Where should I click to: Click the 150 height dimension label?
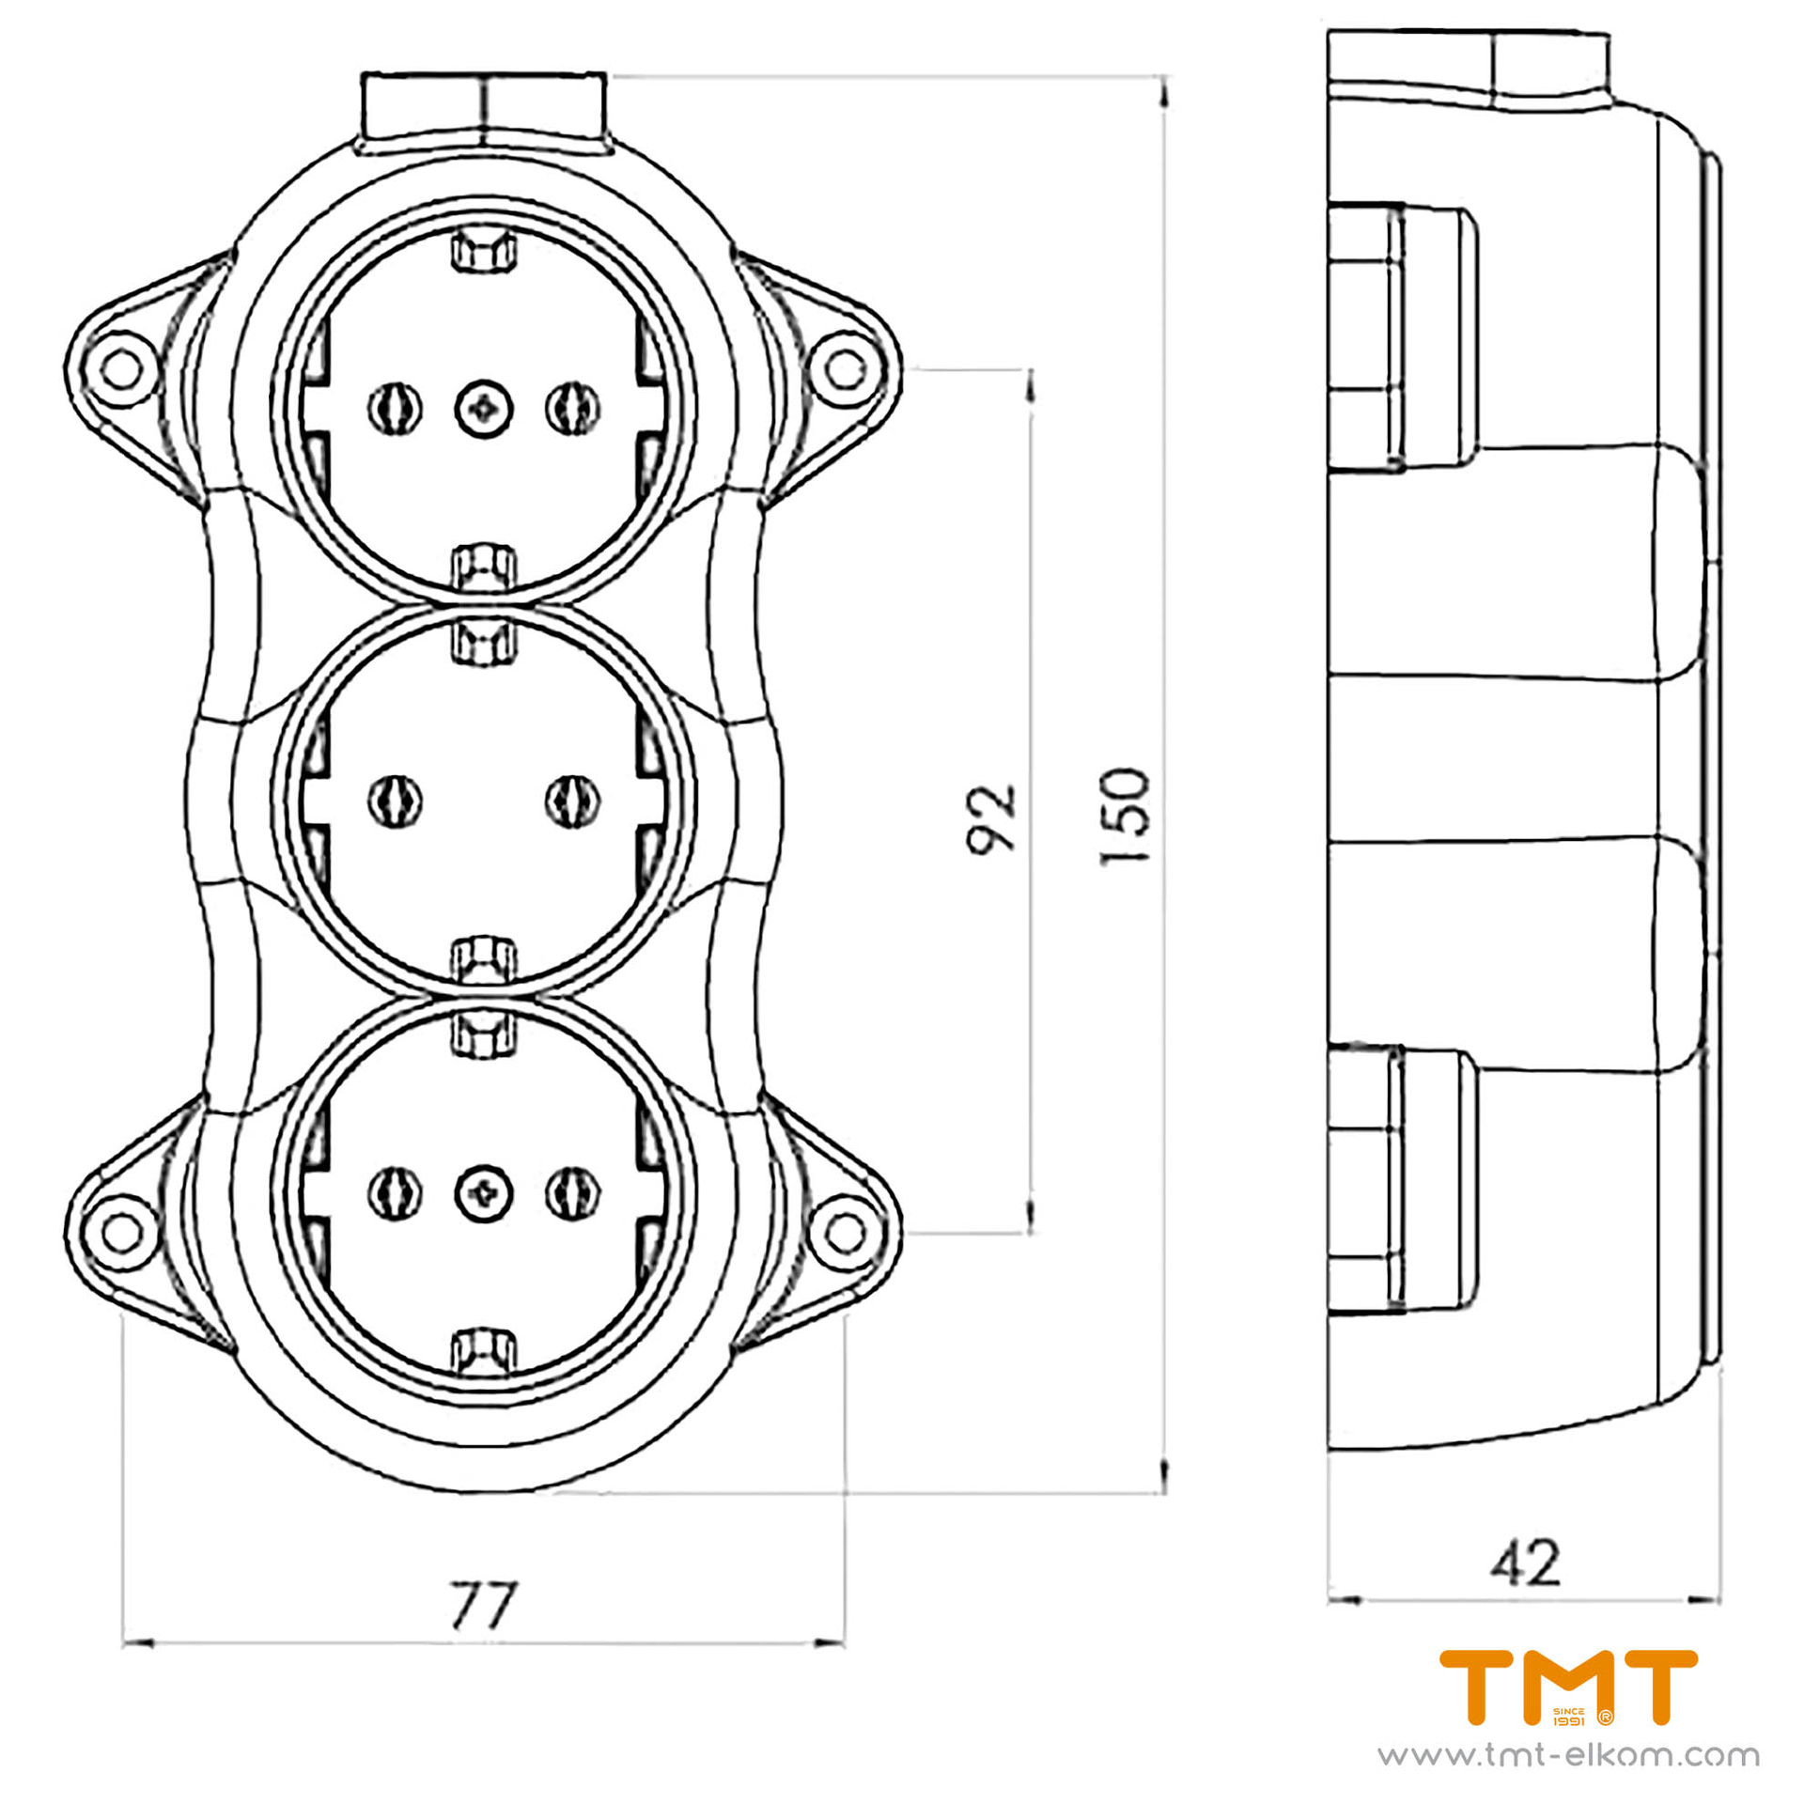tap(1125, 816)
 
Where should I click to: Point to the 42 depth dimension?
tap(1524, 1562)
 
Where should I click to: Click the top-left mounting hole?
tap(120, 369)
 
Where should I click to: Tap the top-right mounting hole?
tap(845, 369)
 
